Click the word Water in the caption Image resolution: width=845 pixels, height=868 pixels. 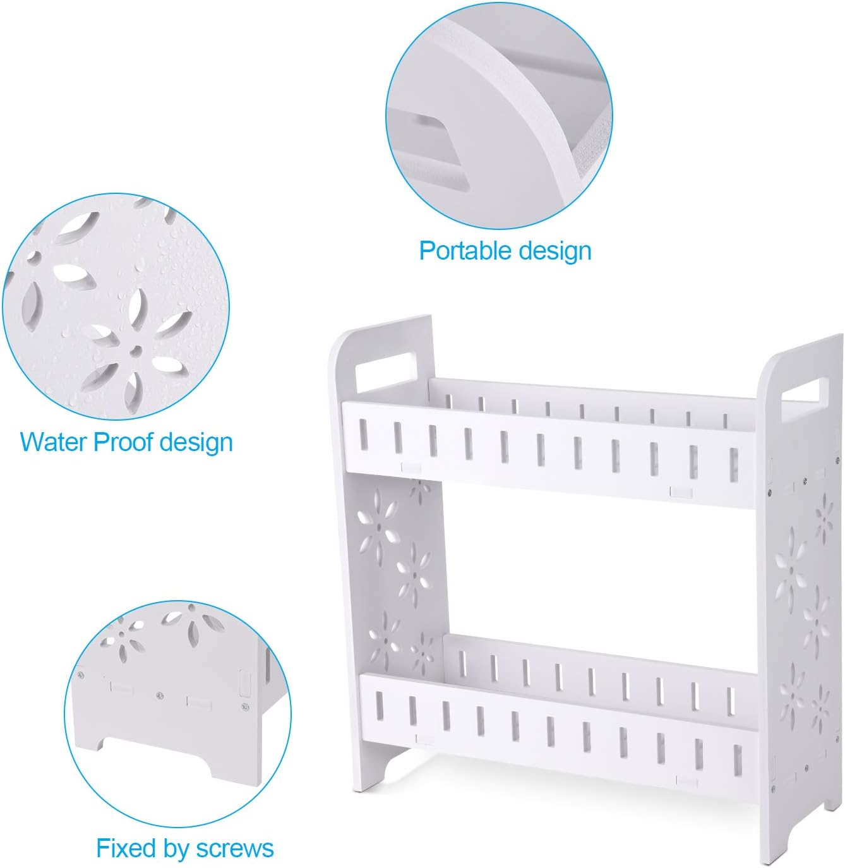[54, 442]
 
